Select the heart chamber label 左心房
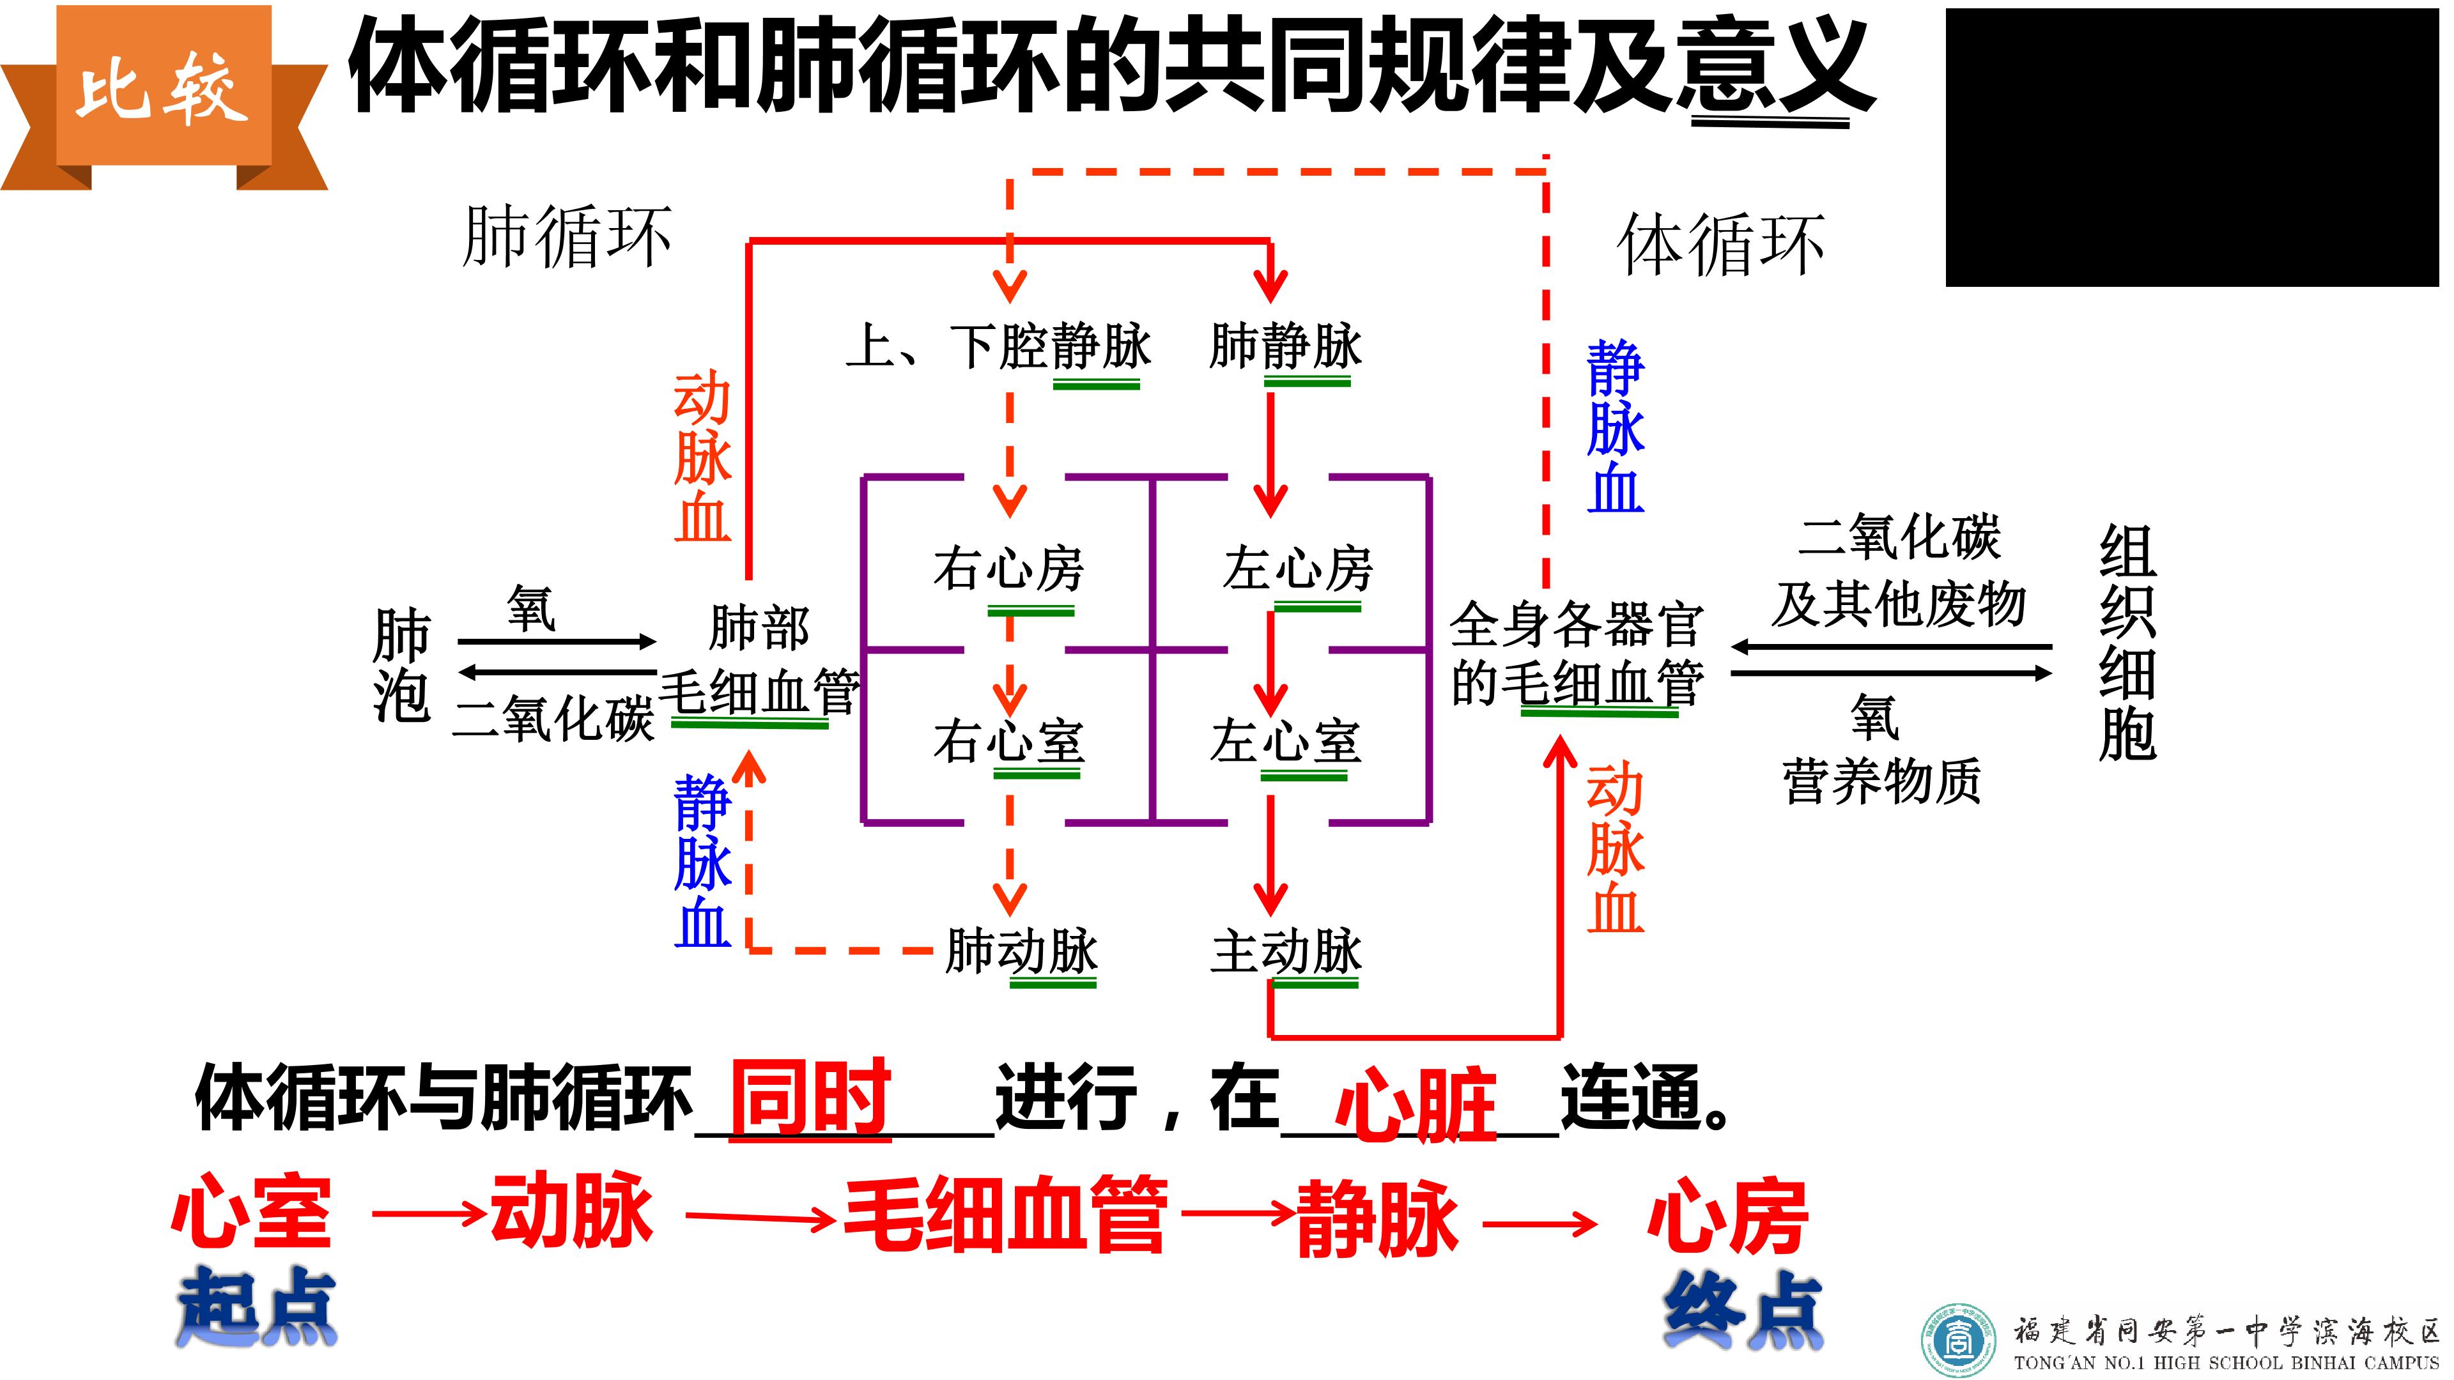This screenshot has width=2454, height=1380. click(x=1297, y=569)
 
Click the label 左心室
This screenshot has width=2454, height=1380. click(x=1286, y=741)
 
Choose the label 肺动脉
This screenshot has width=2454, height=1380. click(x=1021, y=951)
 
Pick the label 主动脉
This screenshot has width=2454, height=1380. click(x=1286, y=951)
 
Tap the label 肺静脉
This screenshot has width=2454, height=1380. click(x=1286, y=345)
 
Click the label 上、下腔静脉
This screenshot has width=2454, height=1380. click(x=998, y=345)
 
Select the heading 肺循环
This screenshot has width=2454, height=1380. click(x=567, y=236)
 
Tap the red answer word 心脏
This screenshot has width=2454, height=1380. click(x=1416, y=1105)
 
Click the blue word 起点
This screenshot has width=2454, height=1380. click(x=256, y=1306)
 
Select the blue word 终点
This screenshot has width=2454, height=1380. click(x=1743, y=1310)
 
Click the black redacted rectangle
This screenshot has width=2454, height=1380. click(x=2192, y=148)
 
